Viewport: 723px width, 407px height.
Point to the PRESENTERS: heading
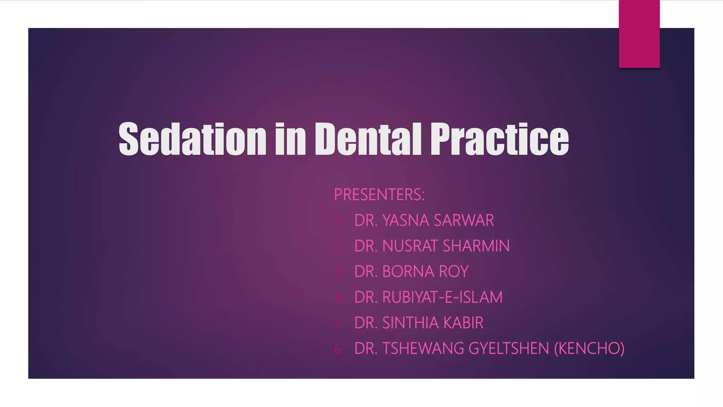coord(379,195)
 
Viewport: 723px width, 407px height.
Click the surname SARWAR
coord(464,220)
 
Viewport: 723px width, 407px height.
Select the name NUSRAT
coord(411,246)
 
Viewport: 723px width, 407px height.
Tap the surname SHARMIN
coord(476,246)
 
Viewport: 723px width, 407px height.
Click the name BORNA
coord(408,272)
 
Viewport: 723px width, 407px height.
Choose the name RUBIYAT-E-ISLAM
coord(442,297)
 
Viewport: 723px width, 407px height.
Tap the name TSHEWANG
coord(423,348)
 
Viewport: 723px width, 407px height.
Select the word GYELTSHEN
coord(509,348)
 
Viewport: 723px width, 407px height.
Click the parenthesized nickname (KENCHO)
coord(589,348)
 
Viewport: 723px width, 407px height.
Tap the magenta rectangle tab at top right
coord(639,34)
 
